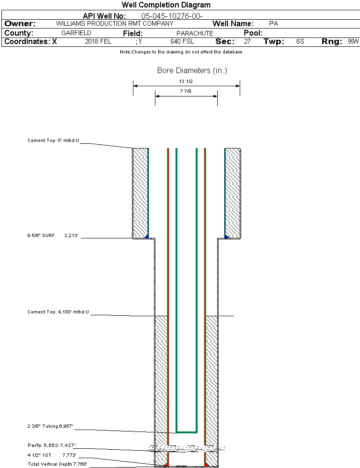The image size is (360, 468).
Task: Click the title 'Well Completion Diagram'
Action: [166, 5]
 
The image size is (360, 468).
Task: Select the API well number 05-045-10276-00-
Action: [172, 16]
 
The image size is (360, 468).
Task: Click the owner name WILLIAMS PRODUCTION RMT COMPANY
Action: [114, 23]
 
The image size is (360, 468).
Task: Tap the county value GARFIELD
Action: [76, 33]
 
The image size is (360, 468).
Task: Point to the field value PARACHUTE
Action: [195, 33]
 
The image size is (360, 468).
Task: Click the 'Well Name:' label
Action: [233, 23]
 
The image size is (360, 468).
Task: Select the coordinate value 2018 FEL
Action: [98, 42]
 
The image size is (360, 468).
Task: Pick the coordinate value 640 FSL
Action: [182, 42]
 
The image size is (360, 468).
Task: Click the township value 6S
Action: [300, 42]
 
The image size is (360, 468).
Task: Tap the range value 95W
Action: [353, 42]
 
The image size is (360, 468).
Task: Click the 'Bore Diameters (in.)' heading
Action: [192, 71]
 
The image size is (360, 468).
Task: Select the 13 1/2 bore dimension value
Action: [186, 82]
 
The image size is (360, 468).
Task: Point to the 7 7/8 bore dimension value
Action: [186, 92]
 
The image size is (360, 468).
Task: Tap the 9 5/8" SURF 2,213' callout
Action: [52, 235]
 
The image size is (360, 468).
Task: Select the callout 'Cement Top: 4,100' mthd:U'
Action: [58, 312]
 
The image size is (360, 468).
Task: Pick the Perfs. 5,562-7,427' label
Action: [51, 445]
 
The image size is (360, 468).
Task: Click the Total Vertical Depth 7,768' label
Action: [57, 464]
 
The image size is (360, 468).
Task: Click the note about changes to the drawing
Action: [181, 52]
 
